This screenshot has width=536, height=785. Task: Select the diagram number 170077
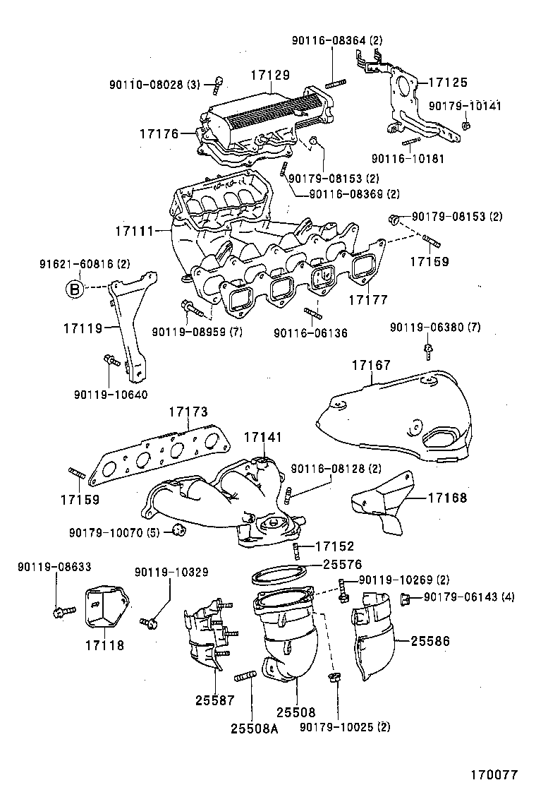503,772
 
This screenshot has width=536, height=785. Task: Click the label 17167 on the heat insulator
371,365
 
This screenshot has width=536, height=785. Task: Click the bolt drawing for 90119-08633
60,611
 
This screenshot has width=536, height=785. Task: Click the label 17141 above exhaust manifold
263,438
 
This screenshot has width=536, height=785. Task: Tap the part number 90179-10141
465,106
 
